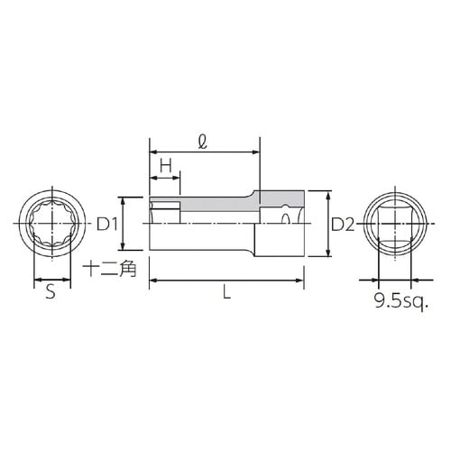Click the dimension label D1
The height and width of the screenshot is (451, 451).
[108, 224]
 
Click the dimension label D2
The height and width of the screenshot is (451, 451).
[340, 225]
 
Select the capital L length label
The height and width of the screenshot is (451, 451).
[226, 294]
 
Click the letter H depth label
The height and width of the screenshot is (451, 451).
[165, 166]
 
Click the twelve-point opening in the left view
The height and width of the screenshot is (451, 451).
[51, 224]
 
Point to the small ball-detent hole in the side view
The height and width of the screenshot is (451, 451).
[287, 217]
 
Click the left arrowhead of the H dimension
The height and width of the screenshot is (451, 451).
[152, 176]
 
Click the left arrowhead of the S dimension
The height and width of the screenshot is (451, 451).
[36, 281]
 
